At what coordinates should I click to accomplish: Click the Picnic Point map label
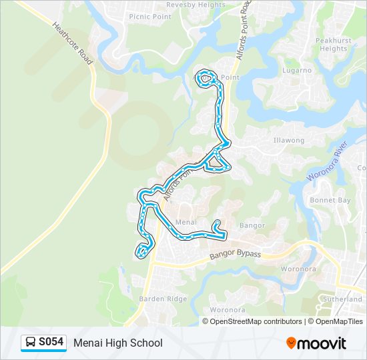coord(150,17)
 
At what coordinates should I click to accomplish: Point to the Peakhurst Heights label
coord(333,45)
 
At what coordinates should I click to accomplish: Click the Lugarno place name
coord(296,70)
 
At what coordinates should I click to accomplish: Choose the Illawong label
coord(288,141)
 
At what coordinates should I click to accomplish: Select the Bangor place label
coord(252,225)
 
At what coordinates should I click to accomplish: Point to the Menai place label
coord(184,222)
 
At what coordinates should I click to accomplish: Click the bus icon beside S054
coord(31,343)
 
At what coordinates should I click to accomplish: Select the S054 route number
coord(51,343)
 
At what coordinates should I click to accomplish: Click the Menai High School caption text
coord(118,343)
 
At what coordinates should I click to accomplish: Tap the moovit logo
coord(316,343)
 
